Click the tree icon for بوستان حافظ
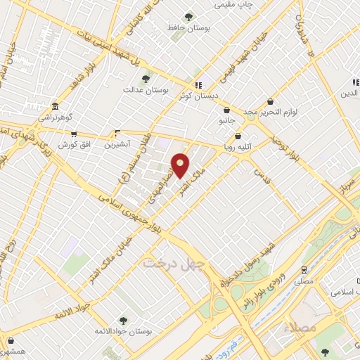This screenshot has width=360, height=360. pos(188,17)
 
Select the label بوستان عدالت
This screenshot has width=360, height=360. pos(143,89)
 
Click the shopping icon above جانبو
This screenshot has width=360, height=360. pos(226,110)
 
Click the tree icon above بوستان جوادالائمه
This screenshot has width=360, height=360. pos(124,321)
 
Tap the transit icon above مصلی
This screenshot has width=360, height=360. pos(304,269)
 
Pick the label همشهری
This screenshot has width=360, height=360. pos(13,350)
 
